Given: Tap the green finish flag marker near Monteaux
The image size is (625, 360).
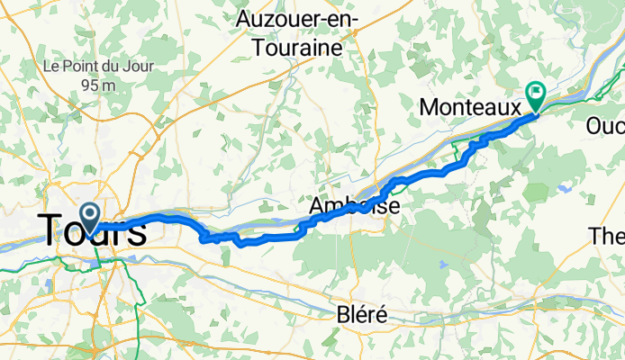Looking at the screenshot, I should click(536, 93).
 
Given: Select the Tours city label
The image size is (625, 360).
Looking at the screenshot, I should click(92, 231).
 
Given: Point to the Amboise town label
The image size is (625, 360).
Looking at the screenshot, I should click(353, 207).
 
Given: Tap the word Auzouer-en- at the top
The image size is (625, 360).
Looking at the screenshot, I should click(297, 18).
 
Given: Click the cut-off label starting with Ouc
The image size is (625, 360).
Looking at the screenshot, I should click(604, 125).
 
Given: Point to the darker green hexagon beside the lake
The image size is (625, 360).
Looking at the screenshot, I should click(538, 192).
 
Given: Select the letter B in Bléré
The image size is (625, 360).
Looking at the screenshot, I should click(341, 315).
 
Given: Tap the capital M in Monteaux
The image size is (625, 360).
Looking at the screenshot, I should click(431, 108).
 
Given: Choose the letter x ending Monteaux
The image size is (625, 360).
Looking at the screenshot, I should click(512, 108).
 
